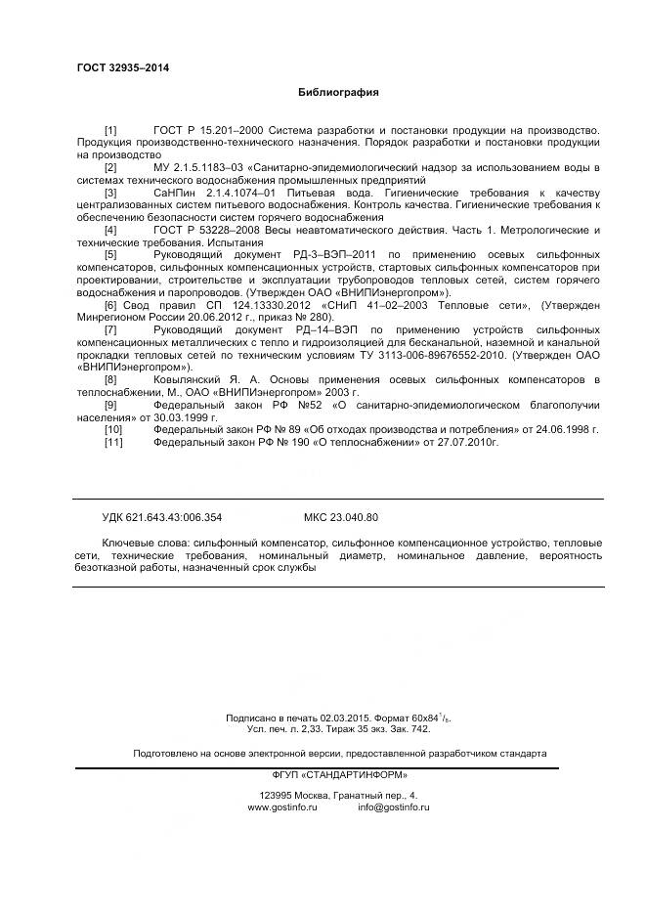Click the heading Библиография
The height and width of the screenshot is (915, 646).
pos(337,93)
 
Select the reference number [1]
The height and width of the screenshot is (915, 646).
pos(110,130)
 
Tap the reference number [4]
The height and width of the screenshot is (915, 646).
pos(110,230)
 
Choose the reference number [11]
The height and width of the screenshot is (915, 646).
pos(113,442)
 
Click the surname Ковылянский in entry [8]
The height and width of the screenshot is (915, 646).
pos(190,379)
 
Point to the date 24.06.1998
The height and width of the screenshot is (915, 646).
pos(567,429)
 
